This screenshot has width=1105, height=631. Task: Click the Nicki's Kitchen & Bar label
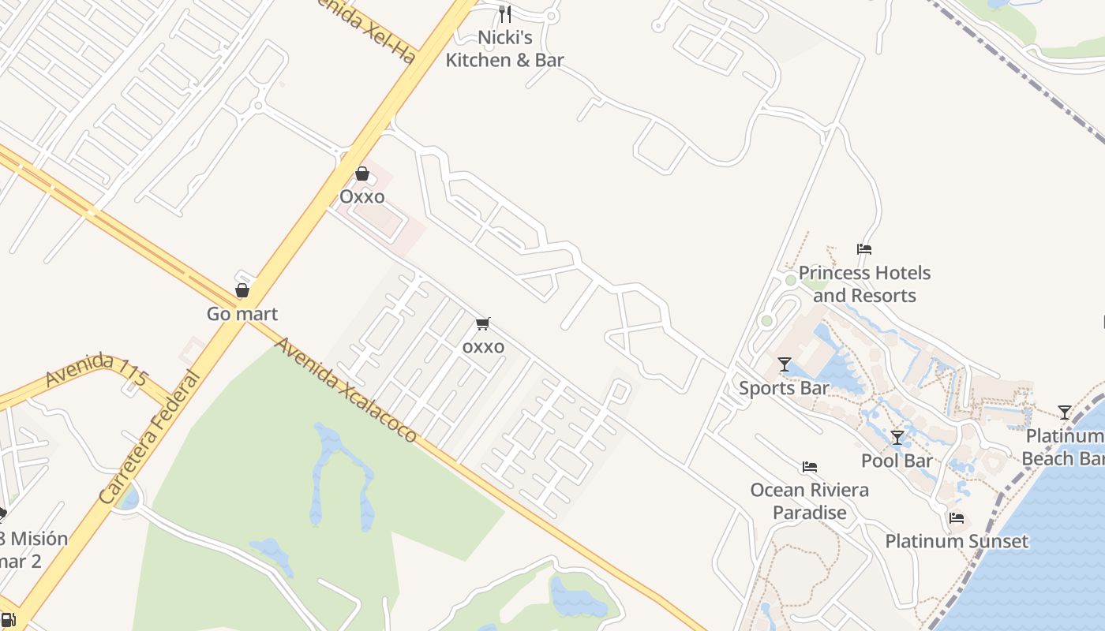pyautogui.click(x=504, y=49)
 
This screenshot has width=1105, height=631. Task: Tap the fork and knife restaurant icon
pyautogui.click(x=505, y=13)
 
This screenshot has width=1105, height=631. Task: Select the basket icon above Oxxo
pyautogui.click(x=362, y=174)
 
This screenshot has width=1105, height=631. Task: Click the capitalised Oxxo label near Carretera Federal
pyautogui.click(x=362, y=196)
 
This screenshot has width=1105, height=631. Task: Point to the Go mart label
pyautogui.click(x=242, y=314)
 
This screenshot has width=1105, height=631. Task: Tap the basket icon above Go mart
pyautogui.click(x=242, y=290)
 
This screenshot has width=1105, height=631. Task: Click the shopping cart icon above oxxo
pyautogui.click(x=483, y=323)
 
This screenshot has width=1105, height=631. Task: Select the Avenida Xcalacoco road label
pyautogui.click(x=345, y=390)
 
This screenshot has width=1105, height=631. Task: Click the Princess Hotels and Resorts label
pyautogui.click(x=864, y=284)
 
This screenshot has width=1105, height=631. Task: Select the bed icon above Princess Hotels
pyautogui.click(x=864, y=249)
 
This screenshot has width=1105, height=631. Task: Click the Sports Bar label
pyautogui.click(x=784, y=388)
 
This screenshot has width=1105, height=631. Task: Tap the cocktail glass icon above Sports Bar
pyautogui.click(x=785, y=364)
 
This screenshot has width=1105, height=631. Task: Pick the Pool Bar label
pyautogui.click(x=897, y=461)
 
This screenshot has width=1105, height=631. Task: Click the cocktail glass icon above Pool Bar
pyautogui.click(x=897, y=437)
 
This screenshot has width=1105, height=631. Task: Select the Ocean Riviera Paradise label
pyautogui.click(x=809, y=501)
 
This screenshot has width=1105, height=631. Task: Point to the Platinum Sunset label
pyautogui.click(x=957, y=541)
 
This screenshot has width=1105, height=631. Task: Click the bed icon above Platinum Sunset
pyautogui.click(x=957, y=518)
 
